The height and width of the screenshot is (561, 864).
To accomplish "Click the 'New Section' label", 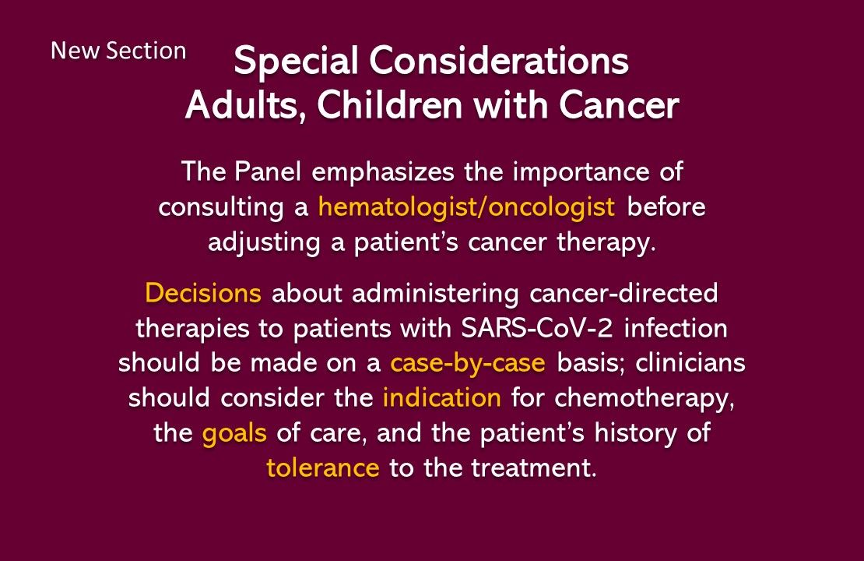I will point(118,51).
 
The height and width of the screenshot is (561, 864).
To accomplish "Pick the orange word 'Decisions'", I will point(203,294).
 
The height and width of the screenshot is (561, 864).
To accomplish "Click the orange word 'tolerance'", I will point(323,469).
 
